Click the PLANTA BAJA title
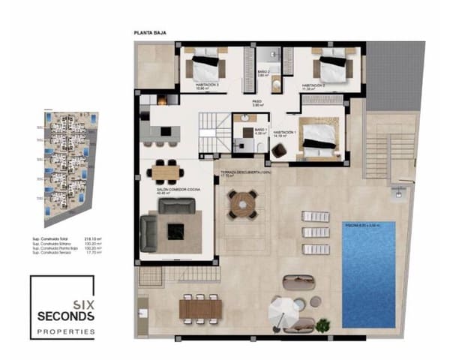point(150,34)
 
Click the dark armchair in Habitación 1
point(279,151)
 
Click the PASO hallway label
point(256,102)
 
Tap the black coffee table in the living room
point(175,230)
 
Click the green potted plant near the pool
point(322,325)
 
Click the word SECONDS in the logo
point(66,316)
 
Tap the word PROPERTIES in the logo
point(66,331)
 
